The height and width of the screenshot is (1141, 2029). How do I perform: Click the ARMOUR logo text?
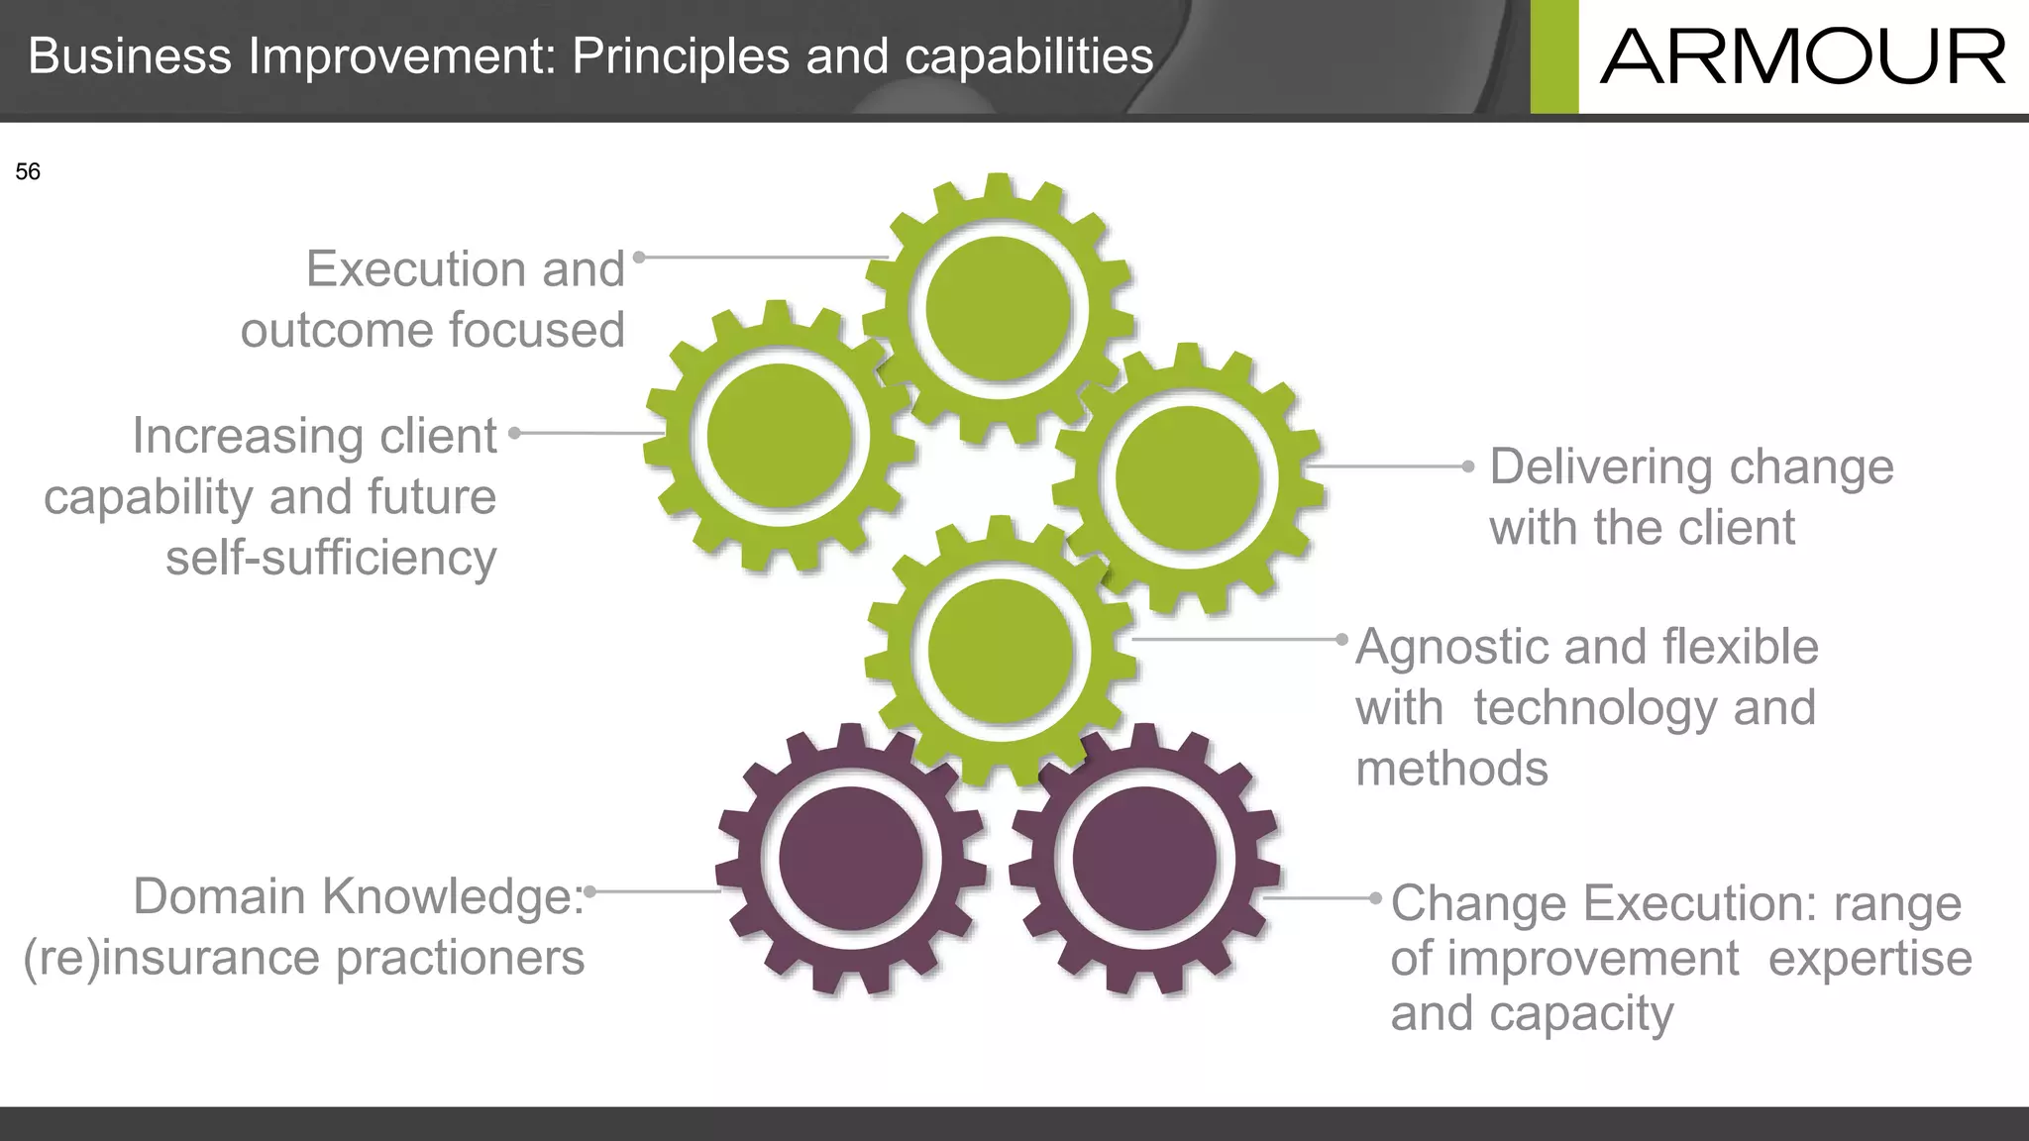click(1802, 57)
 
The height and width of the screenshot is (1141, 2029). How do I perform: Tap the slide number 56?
click(28, 172)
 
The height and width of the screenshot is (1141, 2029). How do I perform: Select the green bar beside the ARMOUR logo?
click(1553, 56)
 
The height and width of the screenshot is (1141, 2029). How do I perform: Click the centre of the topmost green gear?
click(999, 310)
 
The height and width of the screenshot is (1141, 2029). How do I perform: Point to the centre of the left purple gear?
click(852, 859)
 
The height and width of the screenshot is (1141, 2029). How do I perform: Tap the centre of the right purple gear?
click(1144, 859)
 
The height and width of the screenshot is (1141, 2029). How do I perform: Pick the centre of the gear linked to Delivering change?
click(1188, 478)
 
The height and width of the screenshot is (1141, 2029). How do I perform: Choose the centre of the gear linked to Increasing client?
click(780, 436)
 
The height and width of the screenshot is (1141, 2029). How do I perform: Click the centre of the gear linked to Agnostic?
click(1001, 651)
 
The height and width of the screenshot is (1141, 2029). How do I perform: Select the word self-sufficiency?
click(331, 558)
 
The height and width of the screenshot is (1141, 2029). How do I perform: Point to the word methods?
click(1451, 769)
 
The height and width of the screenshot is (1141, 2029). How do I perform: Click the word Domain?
click(219, 896)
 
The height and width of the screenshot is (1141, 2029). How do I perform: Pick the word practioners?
click(461, 958)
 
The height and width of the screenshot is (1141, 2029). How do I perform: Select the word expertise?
click(1869, 958)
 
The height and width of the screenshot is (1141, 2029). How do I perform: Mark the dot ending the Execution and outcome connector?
click(639, 258)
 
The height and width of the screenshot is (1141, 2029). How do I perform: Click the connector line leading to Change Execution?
click(1318, 898)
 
